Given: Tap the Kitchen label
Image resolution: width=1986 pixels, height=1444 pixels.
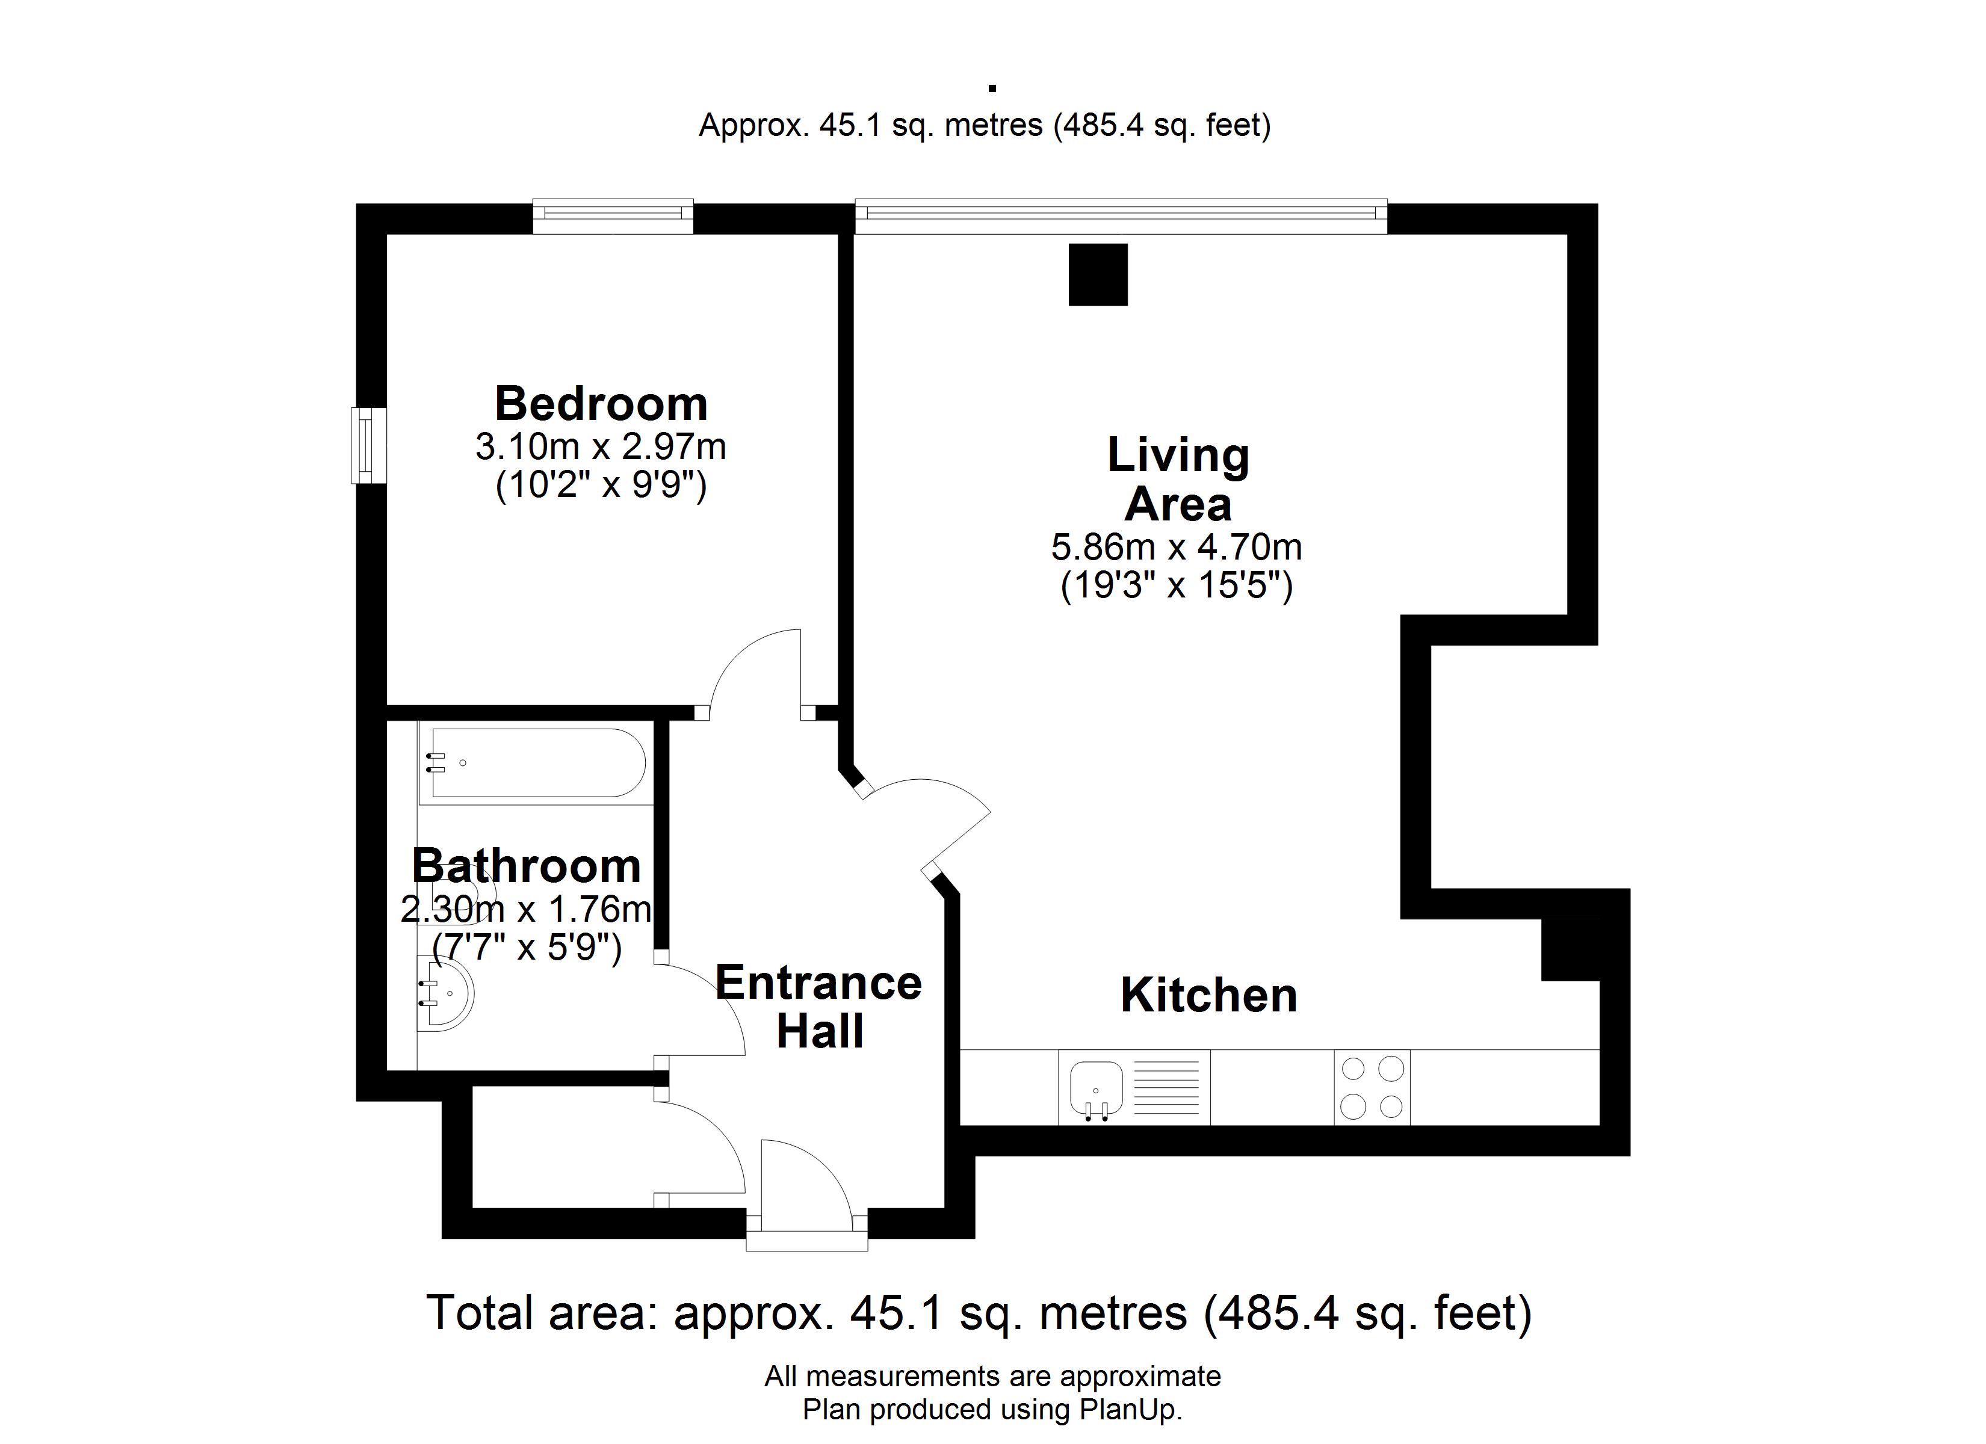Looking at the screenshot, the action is click(x=1208, y=996).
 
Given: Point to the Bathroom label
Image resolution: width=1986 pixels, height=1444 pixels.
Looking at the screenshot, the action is click(x=526, y=866).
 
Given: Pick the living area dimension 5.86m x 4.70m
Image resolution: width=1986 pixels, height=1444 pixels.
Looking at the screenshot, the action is click(x=1177, y=548).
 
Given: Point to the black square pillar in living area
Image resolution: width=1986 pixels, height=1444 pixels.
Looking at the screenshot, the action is click(x=1098, y=275).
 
